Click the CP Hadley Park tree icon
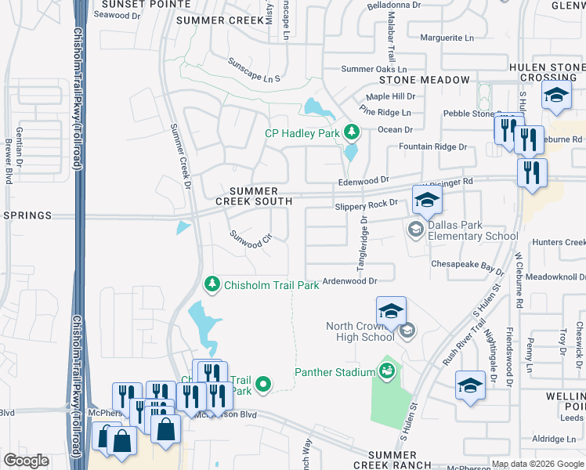coord(353,132)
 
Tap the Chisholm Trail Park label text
coord(272,285)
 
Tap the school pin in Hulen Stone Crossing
coord(556,97)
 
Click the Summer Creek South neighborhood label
coord(254,196)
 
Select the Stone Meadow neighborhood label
coord(425,80)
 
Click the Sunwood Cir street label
coord(250,240)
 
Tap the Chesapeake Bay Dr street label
coord(468,266)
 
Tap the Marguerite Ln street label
coord(447,37)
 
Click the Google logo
coord(27,461)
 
